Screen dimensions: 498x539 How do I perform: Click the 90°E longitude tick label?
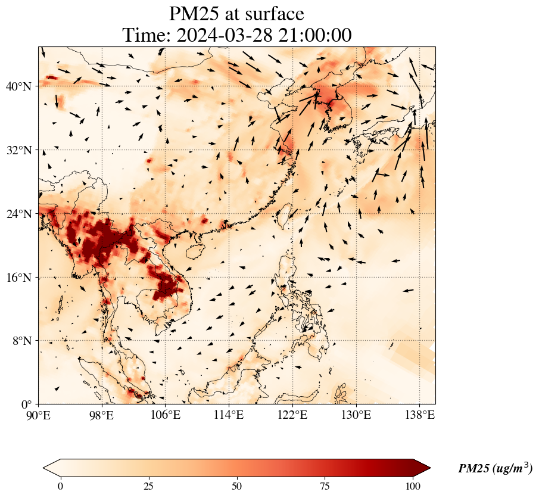(39, 415)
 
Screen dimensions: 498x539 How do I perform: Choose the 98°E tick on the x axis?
(102, 415)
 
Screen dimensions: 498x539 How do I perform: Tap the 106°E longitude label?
(166, 415)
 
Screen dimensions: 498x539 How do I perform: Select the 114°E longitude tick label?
(229, 415)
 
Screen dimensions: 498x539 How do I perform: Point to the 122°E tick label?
(292, 415)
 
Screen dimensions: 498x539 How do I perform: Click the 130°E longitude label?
(356, 415)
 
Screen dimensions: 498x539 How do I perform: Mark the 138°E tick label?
(419, 415)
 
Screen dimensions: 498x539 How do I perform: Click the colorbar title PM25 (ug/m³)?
(495, 468)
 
